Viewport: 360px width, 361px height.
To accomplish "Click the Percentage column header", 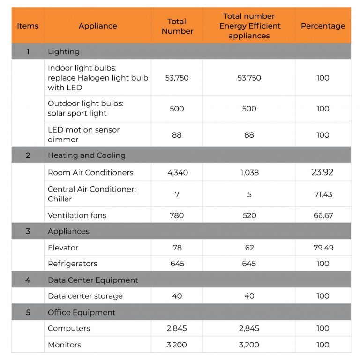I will (322, 26).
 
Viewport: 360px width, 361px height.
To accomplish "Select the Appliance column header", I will (97, 26).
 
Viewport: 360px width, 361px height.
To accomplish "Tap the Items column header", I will (28, 26).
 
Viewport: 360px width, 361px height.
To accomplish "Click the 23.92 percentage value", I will (322, 172).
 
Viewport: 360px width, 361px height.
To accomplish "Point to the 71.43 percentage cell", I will (323, 194).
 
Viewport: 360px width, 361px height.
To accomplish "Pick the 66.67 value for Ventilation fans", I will (323, 215).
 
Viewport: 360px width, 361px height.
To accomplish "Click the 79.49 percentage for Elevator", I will (323, 248).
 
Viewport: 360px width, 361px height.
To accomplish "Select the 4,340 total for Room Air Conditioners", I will (177, 172).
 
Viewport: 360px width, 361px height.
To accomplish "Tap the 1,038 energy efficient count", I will (249, 172).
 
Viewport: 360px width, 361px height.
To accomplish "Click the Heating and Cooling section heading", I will (87, 155).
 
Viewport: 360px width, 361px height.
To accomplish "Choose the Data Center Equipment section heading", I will (93, 280).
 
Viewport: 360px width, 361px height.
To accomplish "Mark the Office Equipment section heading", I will (82, 312).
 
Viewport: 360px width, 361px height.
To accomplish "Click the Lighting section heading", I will (64, 52).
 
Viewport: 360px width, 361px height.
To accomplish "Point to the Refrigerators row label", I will (73, 264).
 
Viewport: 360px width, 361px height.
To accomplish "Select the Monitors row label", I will (64, 345).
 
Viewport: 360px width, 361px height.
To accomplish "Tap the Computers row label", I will (69, 328).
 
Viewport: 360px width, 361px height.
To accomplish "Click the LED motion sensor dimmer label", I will (83, 134).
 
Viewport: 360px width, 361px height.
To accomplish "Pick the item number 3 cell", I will (28, 231).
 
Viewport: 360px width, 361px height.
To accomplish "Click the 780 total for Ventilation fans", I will (177, 215).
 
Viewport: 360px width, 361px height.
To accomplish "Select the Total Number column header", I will (177, 26).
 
